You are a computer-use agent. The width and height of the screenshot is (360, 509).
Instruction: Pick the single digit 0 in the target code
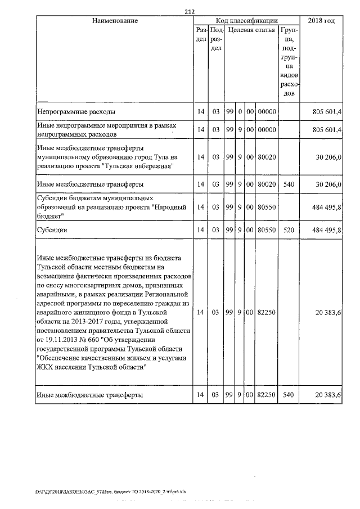[x=240, y=112]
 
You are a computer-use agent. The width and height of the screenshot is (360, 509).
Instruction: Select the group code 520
[x=289, y=229]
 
